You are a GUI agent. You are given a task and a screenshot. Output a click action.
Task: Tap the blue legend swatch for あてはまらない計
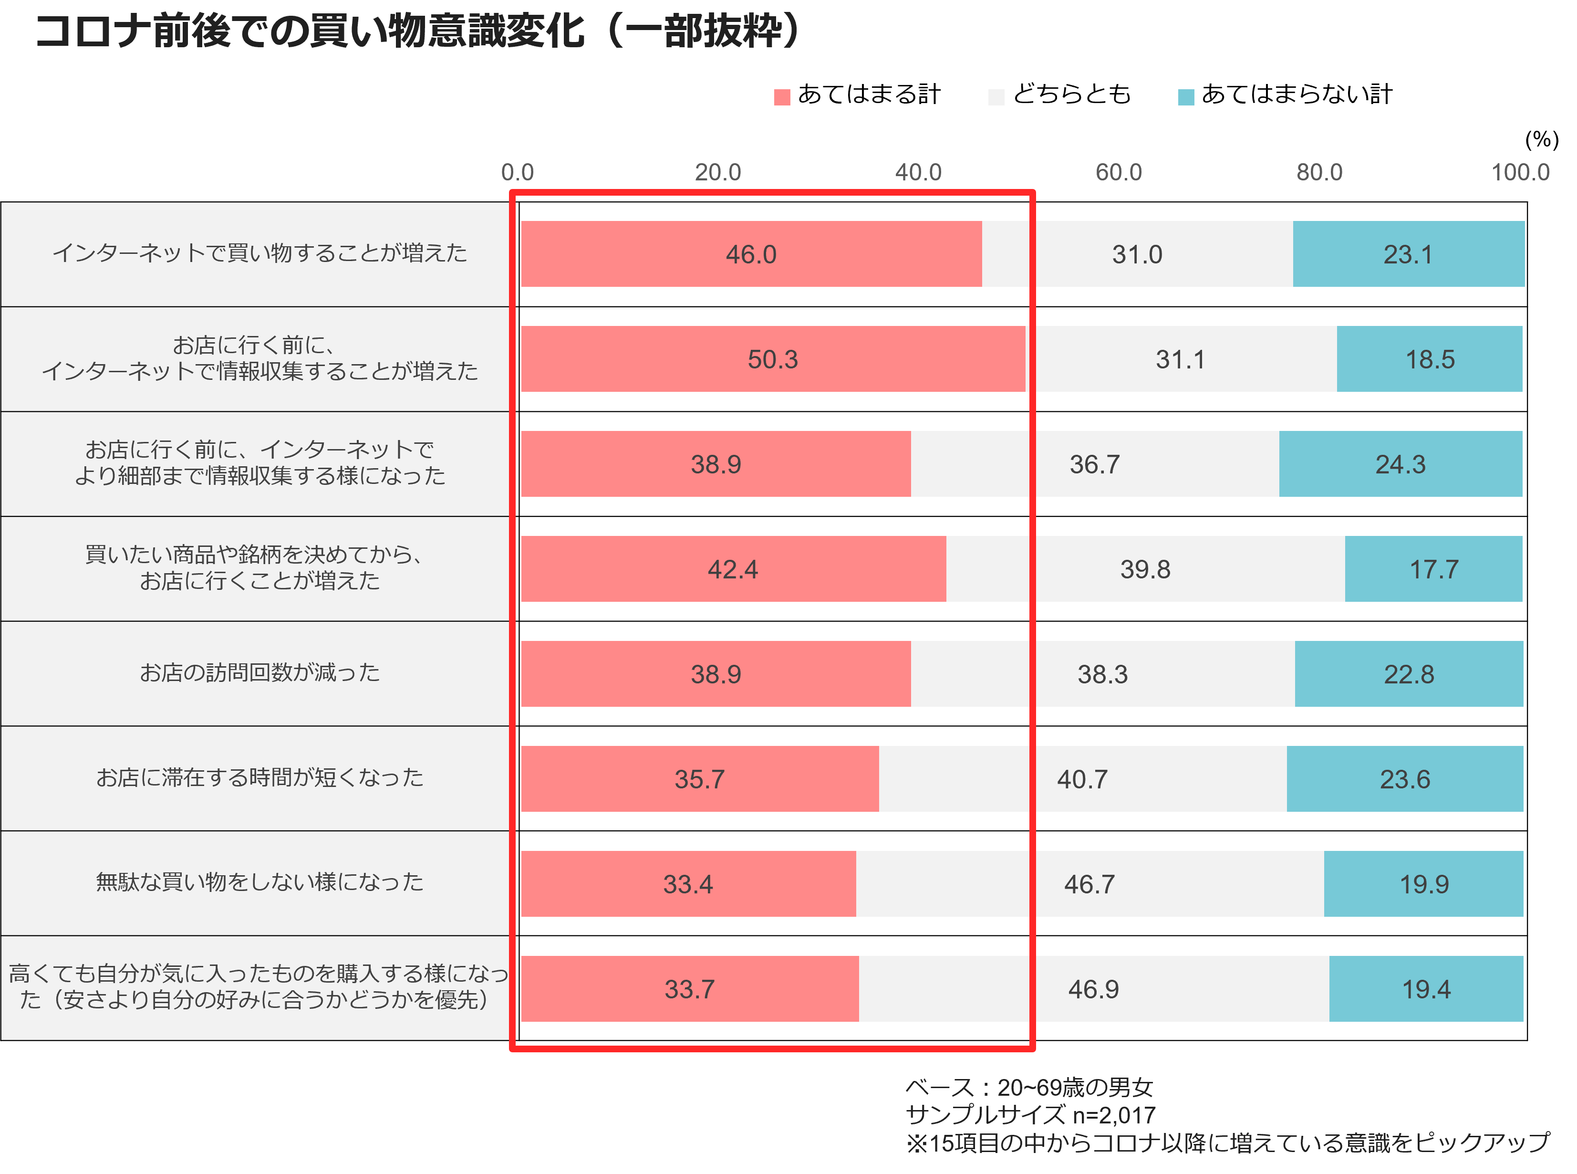1185,97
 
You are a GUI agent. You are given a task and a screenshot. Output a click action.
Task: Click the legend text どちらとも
1071,94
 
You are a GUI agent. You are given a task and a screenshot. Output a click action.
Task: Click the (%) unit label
1542,139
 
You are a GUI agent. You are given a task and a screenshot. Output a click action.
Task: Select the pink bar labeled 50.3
773,359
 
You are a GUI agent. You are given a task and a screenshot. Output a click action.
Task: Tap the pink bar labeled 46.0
752,254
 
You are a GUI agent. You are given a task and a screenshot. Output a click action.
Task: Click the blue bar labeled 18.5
1429,359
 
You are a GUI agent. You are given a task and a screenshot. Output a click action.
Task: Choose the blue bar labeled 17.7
1433,568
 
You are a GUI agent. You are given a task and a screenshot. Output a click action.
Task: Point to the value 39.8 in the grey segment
1145,569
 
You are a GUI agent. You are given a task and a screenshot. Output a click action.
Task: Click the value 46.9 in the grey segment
1093,989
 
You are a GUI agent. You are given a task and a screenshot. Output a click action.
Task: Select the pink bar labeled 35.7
700,779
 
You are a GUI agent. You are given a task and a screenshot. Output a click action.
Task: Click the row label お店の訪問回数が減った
260,672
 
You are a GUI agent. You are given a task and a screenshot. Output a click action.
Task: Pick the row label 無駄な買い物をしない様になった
260,882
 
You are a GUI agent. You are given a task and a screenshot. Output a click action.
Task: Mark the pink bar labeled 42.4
734,568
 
